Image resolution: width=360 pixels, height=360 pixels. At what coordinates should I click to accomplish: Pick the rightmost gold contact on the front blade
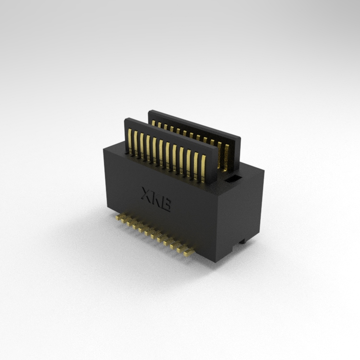[x=203, y=168]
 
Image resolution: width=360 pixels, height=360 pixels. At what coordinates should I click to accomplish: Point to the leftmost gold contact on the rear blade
[x=153, y=123]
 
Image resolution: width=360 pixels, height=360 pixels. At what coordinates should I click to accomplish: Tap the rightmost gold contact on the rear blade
[x=227, y=158]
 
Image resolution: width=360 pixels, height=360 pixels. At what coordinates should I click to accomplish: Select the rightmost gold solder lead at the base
[x=189, y=252]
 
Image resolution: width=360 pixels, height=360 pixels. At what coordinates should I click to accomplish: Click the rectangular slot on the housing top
[x=233, y=179]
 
